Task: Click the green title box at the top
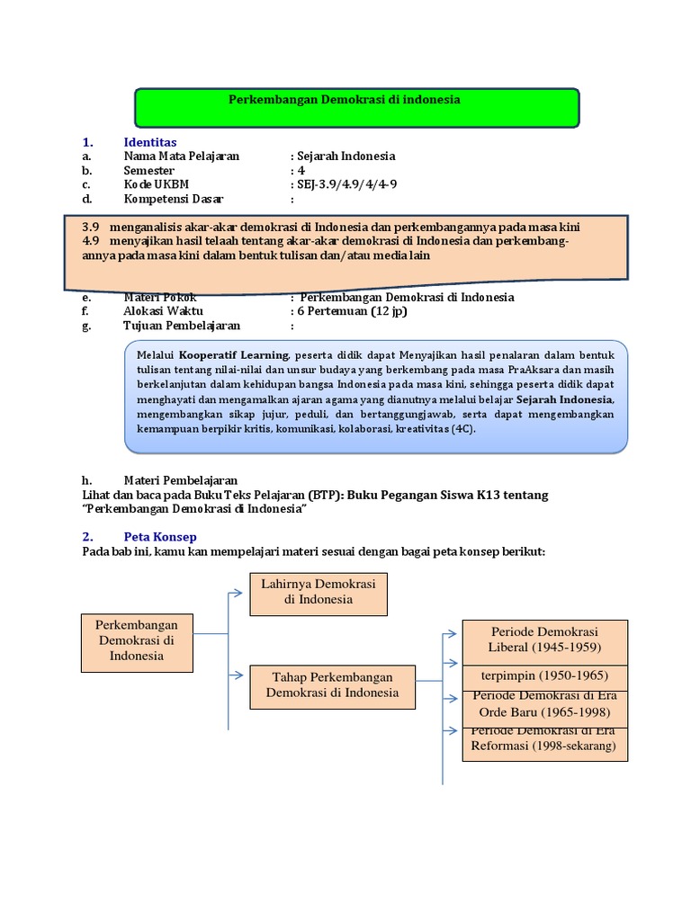tap(356, 107)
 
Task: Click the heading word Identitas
tap(149, 142)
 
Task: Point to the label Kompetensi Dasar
tap(173, 199)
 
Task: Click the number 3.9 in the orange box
tap(90, 228)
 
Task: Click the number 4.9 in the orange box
tap(90, 241)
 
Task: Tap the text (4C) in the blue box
tap(459, 430)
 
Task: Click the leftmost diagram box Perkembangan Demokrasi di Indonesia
tap(137, 640)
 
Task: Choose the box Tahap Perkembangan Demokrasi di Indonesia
tap(332, 685)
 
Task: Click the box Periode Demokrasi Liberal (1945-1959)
tap(544, 639)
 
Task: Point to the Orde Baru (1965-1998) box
tap(544, 707)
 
